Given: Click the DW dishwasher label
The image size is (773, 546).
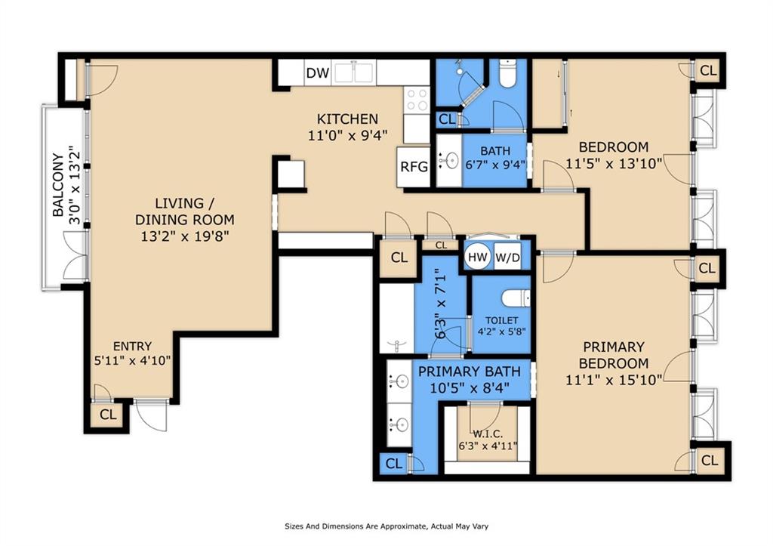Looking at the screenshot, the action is [318, 73].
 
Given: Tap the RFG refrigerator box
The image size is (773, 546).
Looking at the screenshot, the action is [414, 167].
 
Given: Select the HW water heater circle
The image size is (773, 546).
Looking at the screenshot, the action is [478, 257].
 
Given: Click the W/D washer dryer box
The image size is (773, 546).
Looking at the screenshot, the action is [507, 257].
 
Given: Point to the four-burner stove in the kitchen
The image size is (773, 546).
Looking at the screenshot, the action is [417, 100].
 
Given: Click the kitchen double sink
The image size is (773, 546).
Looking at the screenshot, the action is [355, 72].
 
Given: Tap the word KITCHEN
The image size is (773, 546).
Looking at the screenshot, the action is [347, 119].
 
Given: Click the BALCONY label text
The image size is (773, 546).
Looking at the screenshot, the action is [58, 185].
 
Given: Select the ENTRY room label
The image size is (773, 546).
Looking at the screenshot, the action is [132, 346].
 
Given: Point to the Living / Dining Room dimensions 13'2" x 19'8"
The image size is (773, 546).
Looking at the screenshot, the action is [186, 236].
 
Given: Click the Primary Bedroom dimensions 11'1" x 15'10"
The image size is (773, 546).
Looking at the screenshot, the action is [614, 380].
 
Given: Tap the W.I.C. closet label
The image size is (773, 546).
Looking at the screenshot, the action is [488, 434].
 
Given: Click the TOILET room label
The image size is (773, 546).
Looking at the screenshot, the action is [501, 321].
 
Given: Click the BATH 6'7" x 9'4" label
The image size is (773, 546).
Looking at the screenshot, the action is [495, 158].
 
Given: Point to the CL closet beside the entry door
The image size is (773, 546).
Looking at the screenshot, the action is [108, 415].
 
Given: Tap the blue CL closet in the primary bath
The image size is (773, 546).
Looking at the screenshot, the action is [394, 464].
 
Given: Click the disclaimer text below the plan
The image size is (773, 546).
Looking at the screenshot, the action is [386, 526].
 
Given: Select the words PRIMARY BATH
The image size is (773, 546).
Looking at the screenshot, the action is [470, 372].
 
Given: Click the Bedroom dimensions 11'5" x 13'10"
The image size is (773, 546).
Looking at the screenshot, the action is [614, 163].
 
